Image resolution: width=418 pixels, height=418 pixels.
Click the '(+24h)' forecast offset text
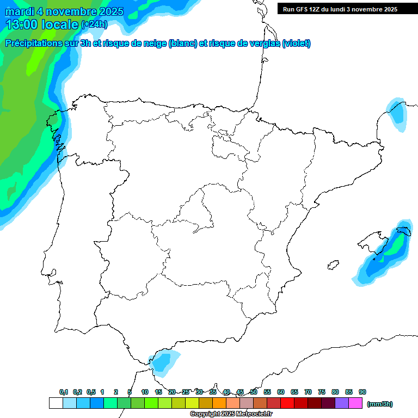[x=94, y=24]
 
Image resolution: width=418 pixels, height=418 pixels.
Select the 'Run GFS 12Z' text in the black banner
[x=303, y=9]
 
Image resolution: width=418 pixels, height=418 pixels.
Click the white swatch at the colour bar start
[x=56, y=403]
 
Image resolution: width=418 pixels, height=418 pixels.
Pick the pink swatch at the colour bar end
[x=355, y=403]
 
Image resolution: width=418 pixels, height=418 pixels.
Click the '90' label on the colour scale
[x=362, y=392]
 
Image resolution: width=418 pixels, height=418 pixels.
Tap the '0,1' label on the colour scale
[x=64, y=392]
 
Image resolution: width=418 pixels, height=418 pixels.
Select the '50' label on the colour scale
[x=254, y=392]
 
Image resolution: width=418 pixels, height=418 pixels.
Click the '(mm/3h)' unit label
[x=380, y=404]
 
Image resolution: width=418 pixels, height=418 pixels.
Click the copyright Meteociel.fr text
[x=231, y=414]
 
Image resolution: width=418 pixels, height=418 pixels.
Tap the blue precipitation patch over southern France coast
[x=397, y=114]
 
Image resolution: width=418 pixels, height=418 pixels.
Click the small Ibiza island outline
[x=331, y=265]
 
